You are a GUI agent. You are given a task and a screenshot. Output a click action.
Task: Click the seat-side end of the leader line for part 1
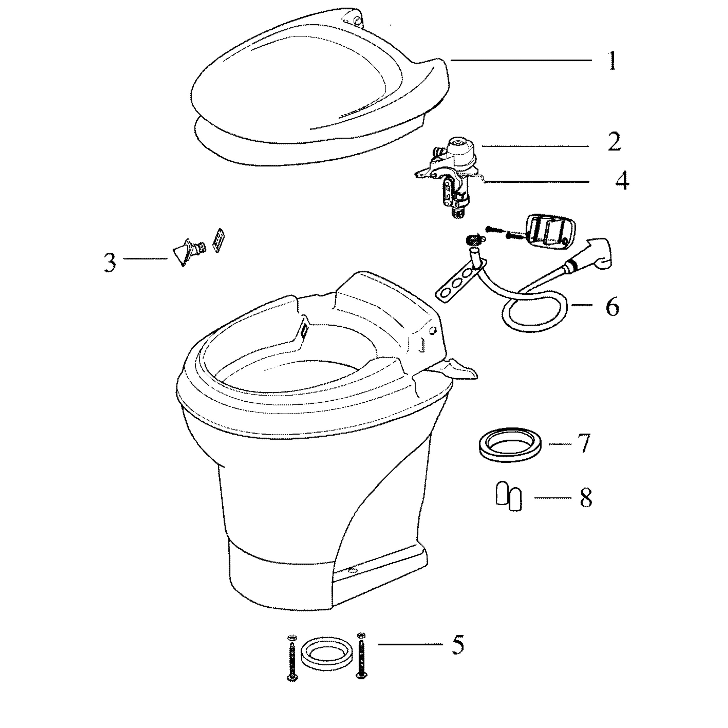click(451, 60)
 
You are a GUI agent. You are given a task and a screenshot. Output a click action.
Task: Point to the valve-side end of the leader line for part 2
click(483, 146)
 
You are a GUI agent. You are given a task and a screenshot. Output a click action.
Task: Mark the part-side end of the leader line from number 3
click(167, 258)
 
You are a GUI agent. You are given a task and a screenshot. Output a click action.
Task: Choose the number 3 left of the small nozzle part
click(110, 263)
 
